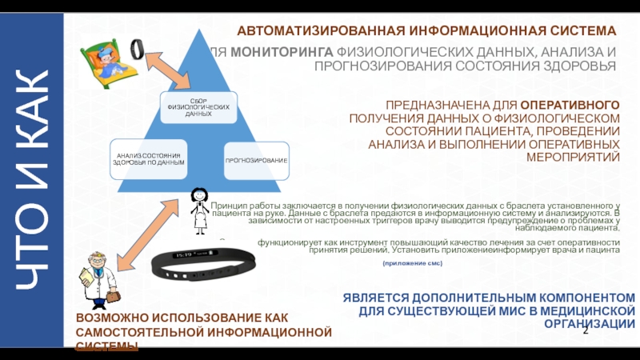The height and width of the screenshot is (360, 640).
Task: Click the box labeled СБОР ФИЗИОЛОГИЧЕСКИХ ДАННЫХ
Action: point(198,106)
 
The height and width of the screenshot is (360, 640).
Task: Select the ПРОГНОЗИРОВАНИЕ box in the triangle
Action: point(256,161)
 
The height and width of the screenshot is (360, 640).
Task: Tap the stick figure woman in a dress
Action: point(198,211)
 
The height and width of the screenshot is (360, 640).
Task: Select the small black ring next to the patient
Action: point(138,49)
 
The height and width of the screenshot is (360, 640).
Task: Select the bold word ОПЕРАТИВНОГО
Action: point(570,105)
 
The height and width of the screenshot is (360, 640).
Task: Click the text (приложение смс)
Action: point(413,263)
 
